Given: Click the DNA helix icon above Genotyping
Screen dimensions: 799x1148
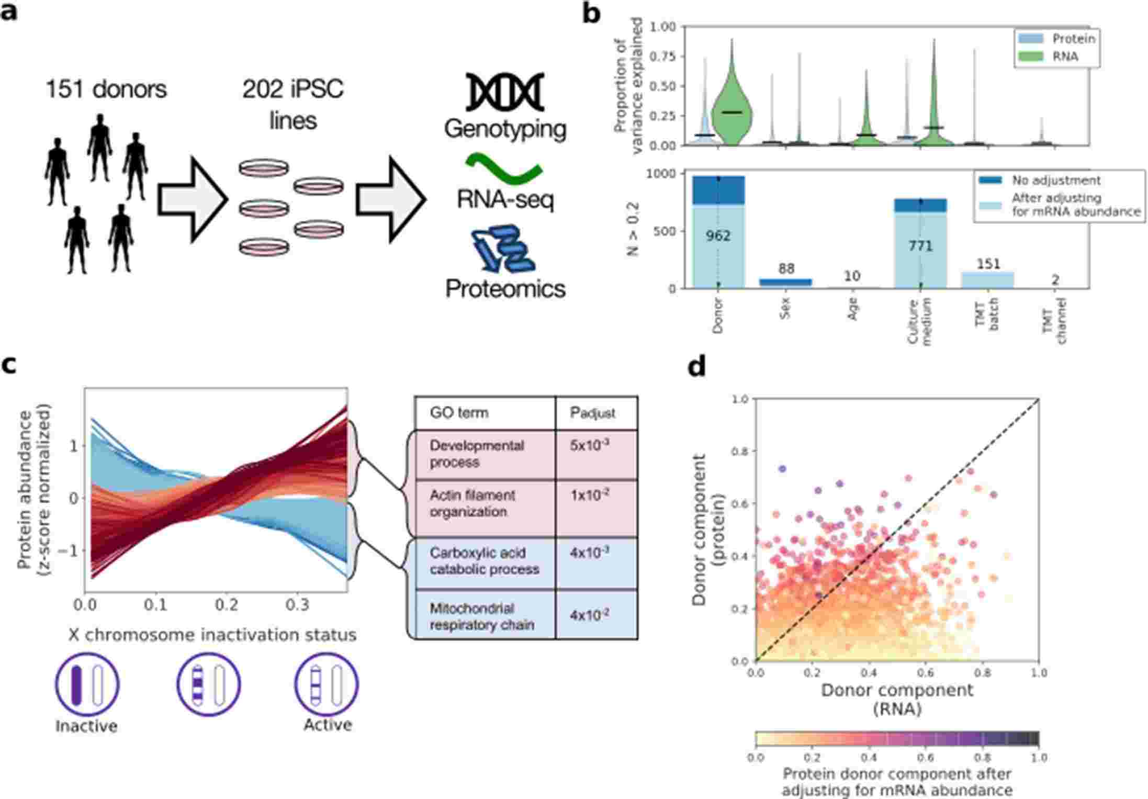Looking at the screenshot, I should tap(505, 92).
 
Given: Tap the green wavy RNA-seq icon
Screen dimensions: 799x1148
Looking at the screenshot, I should tap(503, 168).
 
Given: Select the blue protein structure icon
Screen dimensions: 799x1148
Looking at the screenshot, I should tap(502, 250).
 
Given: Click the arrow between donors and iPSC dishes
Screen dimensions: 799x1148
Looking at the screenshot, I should tap(193, 199).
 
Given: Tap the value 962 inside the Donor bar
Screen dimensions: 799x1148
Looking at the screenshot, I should tap(718, 236).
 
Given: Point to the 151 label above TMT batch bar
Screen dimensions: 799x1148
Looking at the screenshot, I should tap(988, 264).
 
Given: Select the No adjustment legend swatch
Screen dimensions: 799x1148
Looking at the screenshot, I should tap(989, 180).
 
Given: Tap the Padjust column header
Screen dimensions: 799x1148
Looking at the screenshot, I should tap(593, 413).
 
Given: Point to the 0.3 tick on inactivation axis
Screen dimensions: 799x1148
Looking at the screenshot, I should tap(298, 605).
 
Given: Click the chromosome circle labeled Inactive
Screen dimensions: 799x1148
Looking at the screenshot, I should tap(87, 684).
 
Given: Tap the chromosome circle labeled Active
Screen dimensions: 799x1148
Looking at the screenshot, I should tap(327, 684).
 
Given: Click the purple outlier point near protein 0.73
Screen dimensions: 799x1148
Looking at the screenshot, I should tap(782, 469).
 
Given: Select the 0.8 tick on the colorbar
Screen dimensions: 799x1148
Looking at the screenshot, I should tap(982, 757).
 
